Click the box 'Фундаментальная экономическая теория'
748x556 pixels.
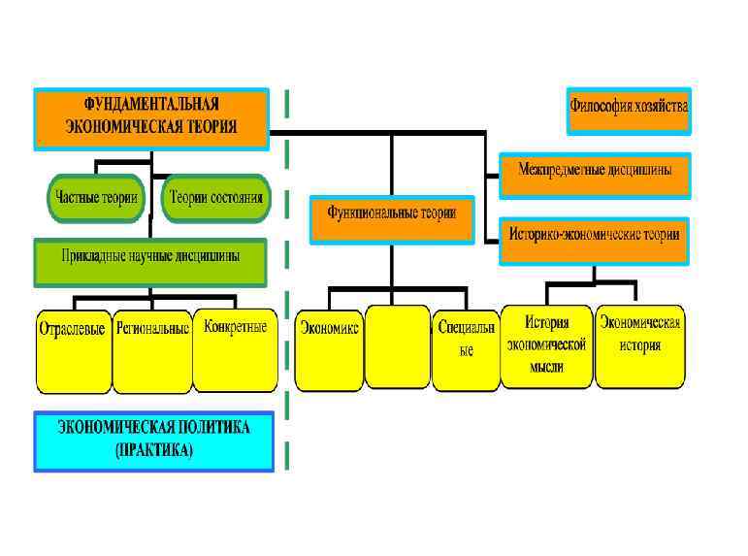tap(151, 118)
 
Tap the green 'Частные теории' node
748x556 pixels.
tap(94, 199)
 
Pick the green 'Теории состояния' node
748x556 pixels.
tap(216, 199)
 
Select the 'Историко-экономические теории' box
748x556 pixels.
tap(595, 240)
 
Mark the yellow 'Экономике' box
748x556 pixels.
tap(329, 348)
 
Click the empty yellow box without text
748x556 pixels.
tap(398, 346)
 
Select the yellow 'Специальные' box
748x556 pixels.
tap(466, 348)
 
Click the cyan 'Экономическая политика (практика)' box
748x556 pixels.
tap(153, 441)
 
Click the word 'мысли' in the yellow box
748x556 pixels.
tap(546, 369)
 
